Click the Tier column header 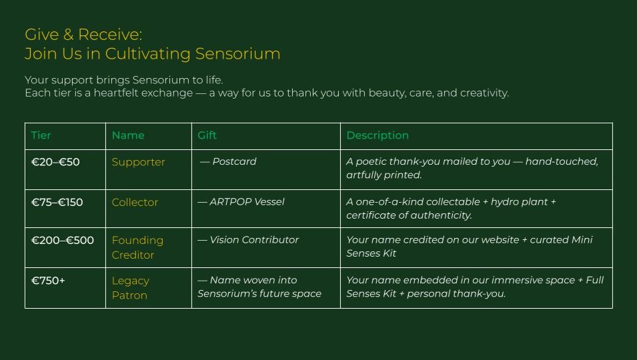tap(41, 135)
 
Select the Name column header tap(128, 135)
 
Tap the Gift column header tap(207, 135)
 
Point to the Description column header tap(378, 135)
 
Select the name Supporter tap(138, 163)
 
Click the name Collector tap(135, 202)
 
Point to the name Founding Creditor tap(137, 247)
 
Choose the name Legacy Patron tap(131, 288)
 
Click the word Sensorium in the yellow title tap(237, 53)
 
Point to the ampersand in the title tap(68, 35)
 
